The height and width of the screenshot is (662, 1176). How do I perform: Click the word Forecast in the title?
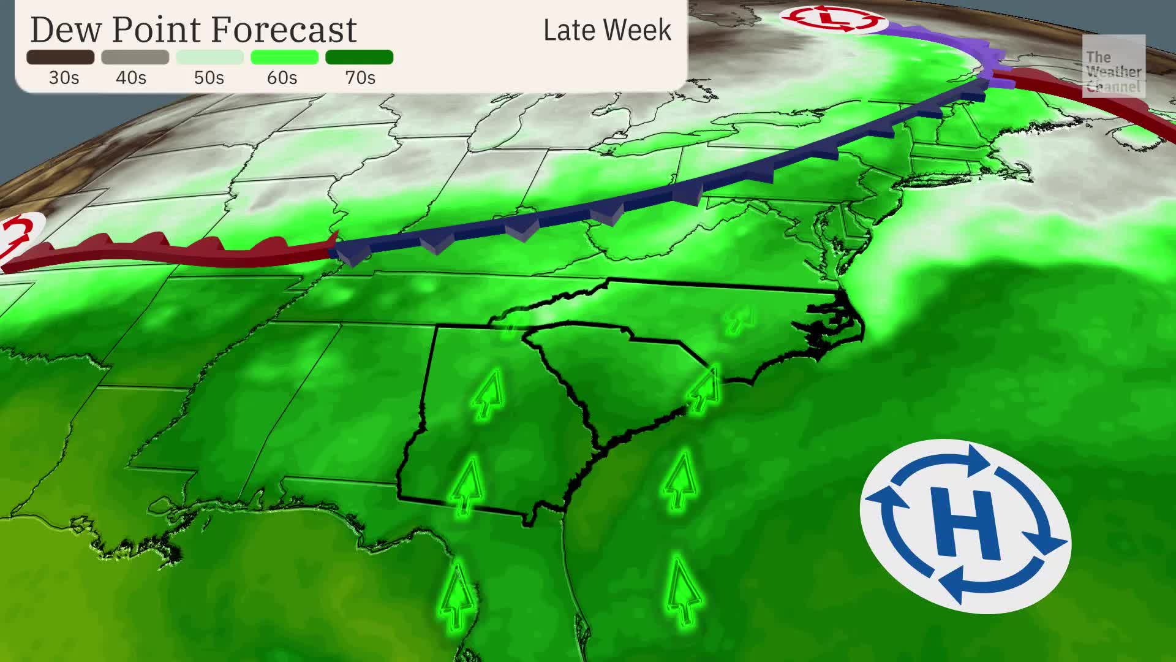tap(284, 29)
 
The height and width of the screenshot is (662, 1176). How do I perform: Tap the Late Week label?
tap(607, 31)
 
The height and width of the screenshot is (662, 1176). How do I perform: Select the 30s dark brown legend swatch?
tap(61, 58)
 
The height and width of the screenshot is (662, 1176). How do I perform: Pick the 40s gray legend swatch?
tap(135, 58)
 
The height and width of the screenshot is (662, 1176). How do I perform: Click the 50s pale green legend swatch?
tap(209, 58)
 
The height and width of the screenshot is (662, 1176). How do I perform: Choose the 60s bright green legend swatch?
tap(284, 58)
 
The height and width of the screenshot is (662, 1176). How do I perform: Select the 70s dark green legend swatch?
tap(359, 58)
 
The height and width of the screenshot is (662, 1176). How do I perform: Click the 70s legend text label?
tap(360, 78)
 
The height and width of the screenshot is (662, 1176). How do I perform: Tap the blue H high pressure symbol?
tap(965, 525)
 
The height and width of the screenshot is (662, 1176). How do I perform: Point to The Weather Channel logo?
tap(1113, 66)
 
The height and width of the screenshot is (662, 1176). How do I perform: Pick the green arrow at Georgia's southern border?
tap(468, 485)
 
